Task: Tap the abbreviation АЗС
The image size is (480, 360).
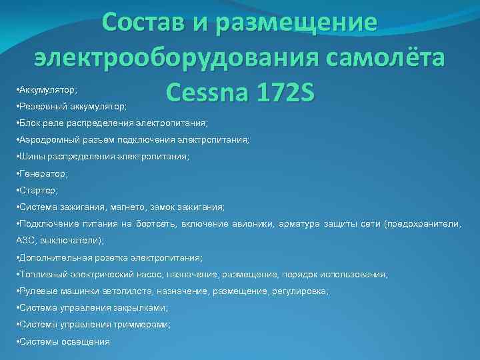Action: coord(25,241)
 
